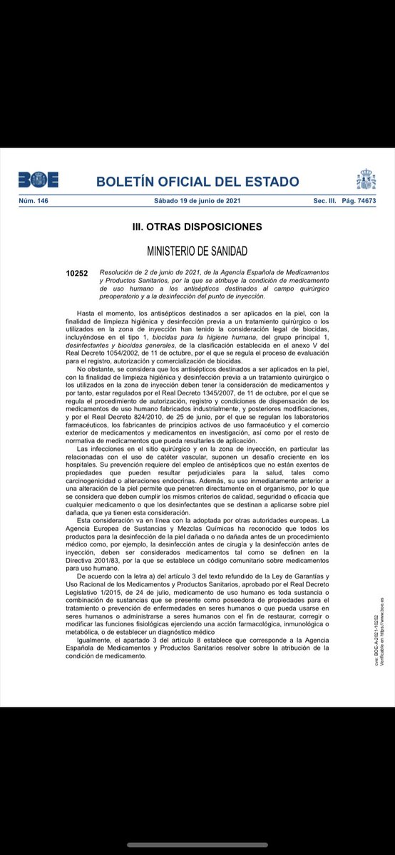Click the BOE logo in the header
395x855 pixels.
pos(39,180)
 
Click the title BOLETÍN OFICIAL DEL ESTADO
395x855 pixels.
pos(197,181)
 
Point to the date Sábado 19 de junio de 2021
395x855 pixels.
pos(197,202)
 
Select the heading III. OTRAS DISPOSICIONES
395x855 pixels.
pos(197,227)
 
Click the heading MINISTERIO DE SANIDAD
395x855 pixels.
pos(197,252)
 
